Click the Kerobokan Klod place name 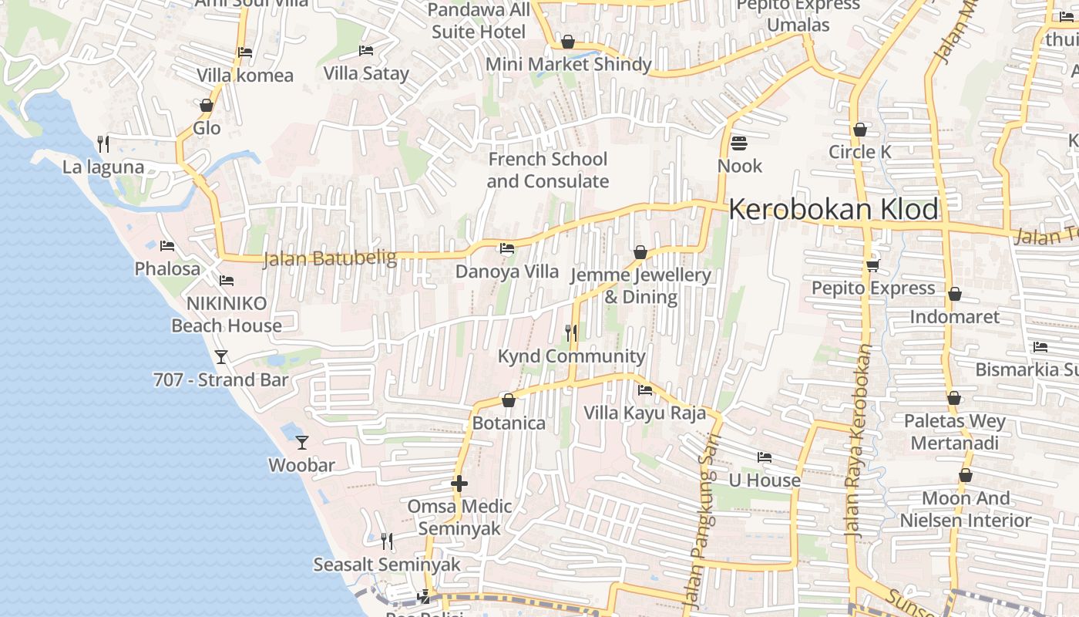tap(834, 209)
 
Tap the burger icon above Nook tap(739, 143)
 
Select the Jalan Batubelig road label tap(329, 258)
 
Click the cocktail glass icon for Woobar tap(302, 443)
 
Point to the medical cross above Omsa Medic tap(459, 484)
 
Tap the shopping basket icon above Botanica tap(508, 400)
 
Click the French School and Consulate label tap(548, 170)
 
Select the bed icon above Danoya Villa tap(507, 248)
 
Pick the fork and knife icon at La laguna tap(103, 144)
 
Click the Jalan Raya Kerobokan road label tap(858, 440)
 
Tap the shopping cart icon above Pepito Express tap(872, 265)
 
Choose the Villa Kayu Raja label tap(644, 413)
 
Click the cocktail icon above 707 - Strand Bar tap(221, 356)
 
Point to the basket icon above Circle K tap(860, 130)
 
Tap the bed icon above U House tap(765, 457)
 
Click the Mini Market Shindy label tap(568, 64)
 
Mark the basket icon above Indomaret tap(954, 294)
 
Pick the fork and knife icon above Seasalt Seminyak tap(387, 541)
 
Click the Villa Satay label tap(366, 73)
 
